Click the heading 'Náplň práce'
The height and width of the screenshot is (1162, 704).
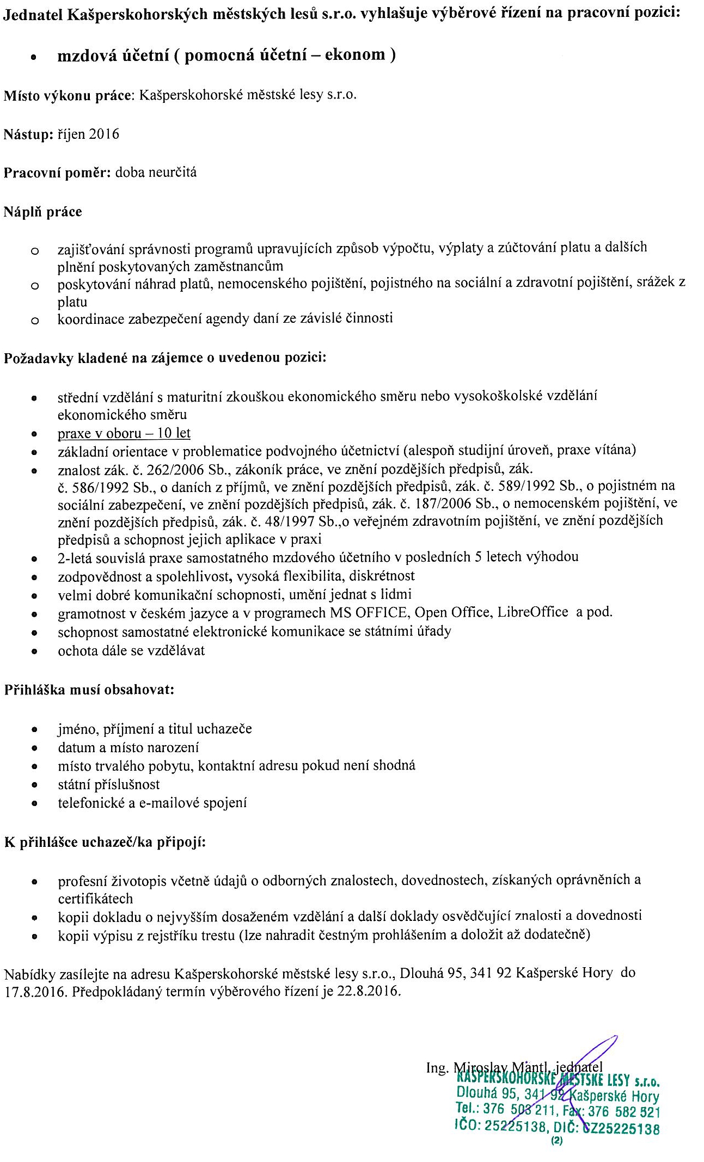pyautogui.click(x=42, y=212)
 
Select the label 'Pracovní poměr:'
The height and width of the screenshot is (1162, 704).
pyautogui.click(x=57, y=173)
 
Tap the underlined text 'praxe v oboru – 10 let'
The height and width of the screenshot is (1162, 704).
pyautogui.click(x=124, y=433)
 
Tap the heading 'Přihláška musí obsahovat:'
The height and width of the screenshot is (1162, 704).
pyautogui.click(x=89, y=690)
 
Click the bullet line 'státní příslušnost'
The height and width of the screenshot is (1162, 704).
pyautogui.click(x=109, y=784)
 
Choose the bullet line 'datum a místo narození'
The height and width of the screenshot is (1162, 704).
pyautogui.click(x=128, y=747)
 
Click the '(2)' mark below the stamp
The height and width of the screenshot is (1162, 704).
pyautogui.click(x=556, y=1141)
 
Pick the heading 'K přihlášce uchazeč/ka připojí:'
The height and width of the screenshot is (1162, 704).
pyautogui.click(x=105, y=843)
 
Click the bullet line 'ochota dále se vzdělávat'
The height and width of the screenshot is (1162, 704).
pyautogui.click(x=131, y=650)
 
